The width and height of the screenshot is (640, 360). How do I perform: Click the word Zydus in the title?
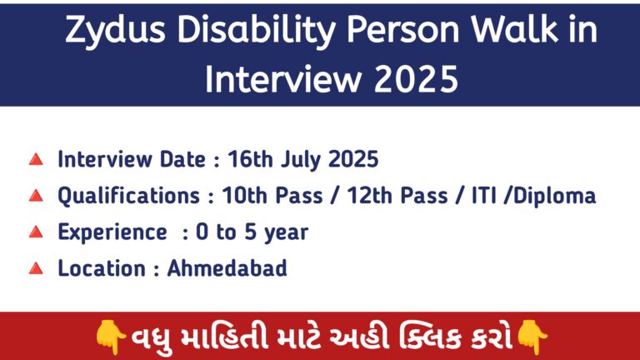(x=116, y=30)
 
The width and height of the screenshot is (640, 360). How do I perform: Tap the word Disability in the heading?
(x=257, y=30)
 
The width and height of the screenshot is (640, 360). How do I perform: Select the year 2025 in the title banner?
(x=416, y=79)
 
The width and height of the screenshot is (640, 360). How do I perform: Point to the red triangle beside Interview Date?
(x=36, y=159)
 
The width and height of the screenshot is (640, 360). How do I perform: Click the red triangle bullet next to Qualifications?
(x=36, y=196)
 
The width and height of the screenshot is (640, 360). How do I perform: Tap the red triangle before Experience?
(x=36, y=232)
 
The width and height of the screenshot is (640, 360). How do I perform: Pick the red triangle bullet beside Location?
(x=36, y=268)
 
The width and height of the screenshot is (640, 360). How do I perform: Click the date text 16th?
(x=250, y=159)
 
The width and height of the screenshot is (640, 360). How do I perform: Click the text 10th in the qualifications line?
(x=244, y=195)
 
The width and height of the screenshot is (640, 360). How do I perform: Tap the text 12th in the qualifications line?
(x=369, y=195)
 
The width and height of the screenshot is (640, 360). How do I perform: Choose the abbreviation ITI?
(x=484, y=196)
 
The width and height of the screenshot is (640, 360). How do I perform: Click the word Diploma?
(x=555, y=196)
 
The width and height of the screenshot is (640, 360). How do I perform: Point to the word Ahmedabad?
(x=227, y=268)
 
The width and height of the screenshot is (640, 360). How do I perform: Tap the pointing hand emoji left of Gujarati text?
(x=110, y=337)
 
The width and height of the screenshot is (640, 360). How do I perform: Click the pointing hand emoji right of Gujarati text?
(x=532, y=337)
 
